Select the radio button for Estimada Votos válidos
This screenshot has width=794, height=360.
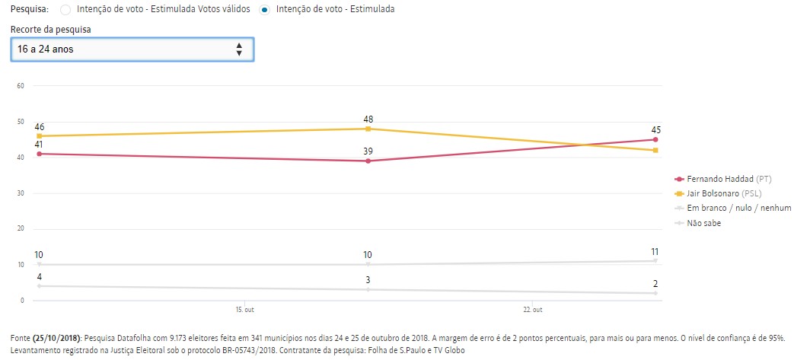[x=65, y=10]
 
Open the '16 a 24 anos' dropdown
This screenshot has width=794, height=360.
[x=132, y=49]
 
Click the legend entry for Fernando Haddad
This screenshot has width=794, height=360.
[x=723, y=180]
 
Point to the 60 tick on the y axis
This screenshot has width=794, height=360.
[x=21, y=85]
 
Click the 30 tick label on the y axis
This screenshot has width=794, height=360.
[x=21, y=193]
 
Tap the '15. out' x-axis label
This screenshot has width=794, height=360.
[x=245, y=310]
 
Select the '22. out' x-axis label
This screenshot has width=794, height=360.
[x=533, y=310]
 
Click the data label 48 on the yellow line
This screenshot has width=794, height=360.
[x=368, y=119]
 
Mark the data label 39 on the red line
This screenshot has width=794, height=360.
[x=368, y=152]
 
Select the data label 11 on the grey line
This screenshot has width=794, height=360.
[x=655, y=251]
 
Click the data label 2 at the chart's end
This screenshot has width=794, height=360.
[x=655, y=284]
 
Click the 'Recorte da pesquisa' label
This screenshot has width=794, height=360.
[x=52, y=29]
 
